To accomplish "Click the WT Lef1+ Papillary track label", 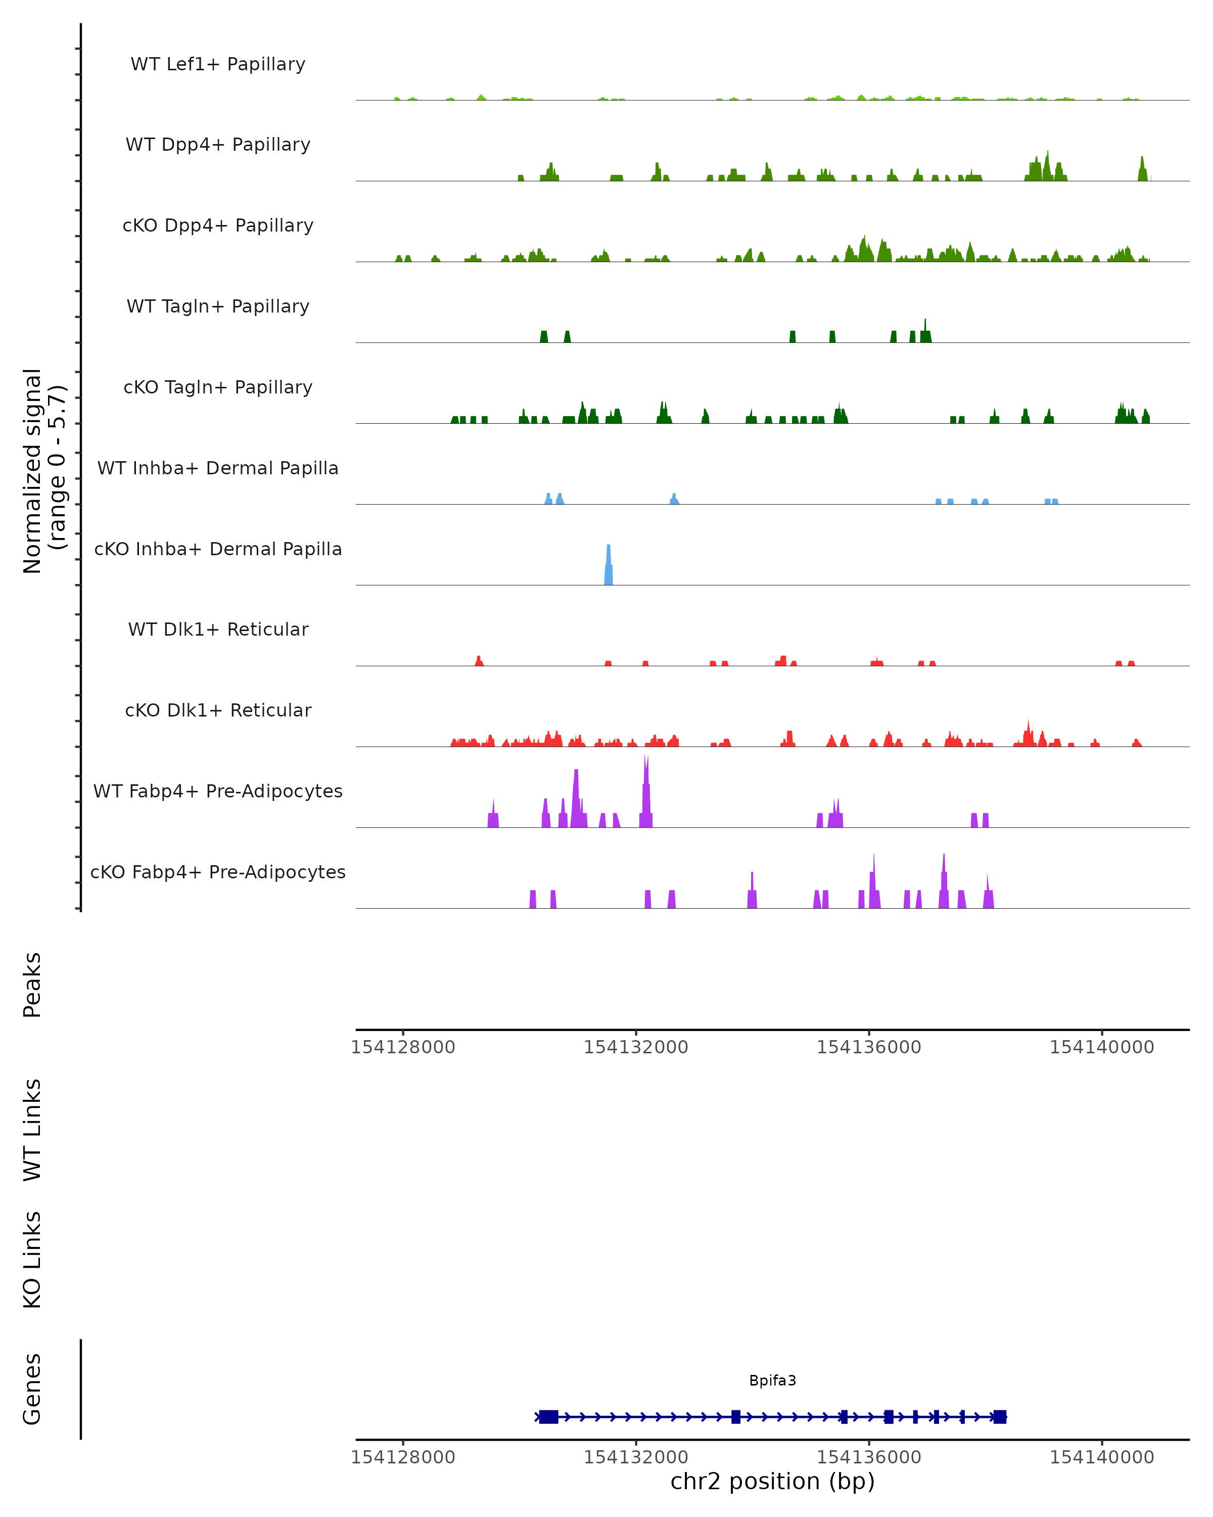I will (218, 64).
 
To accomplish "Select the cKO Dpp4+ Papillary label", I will (218, 225).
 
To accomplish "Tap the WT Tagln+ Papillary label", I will (218, 306).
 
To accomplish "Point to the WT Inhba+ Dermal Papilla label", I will (218, 468).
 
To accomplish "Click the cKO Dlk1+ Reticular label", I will (218, 710).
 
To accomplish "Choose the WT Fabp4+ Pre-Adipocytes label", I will (218, 791).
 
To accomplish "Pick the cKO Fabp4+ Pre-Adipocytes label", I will (218, 872).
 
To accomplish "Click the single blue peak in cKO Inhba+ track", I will (608, 566).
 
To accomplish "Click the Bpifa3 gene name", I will (772, 1380).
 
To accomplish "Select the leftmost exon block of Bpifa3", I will (548, 1416).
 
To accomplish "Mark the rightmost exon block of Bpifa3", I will (999, 1416).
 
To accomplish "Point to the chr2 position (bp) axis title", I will (772, 1481).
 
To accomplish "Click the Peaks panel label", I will (32, 985).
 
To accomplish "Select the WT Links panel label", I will (32, 1129).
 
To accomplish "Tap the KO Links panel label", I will (32, 1260).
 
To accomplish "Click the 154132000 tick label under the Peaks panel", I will (636, 1047).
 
